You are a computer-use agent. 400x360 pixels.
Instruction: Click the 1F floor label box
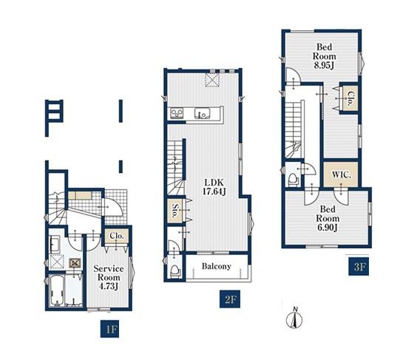click(x=110, y=329)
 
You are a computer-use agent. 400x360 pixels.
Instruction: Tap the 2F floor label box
click(x=230, y=299)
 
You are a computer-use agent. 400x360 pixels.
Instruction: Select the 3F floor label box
click(x=359, y=266)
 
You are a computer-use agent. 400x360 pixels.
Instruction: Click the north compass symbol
click(x=295, y=318)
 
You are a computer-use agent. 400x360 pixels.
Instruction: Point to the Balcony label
click(x=217, y=266)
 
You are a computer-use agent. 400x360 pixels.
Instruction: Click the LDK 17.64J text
click(x=214, y=187)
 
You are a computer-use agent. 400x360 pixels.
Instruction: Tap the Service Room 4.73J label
click(x=109, y=277)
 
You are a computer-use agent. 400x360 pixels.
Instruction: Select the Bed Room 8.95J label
click(x=325, y=56)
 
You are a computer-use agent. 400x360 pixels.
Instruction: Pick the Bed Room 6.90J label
click(x=328, y=219)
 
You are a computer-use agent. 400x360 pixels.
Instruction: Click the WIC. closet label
click(x=342, y=175)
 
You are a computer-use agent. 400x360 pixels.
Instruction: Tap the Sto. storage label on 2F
click(x=175, y=211)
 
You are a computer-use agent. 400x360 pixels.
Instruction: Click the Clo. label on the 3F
click(x=350, y=99)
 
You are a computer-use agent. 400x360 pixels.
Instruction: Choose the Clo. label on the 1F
click(x=117, y=236)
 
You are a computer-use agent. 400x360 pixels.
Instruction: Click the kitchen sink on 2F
click(x=203, y=113)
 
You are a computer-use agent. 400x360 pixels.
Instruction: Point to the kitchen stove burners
click(x=177, y=113)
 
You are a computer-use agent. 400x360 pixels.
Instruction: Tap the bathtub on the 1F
click(x=57, y=291)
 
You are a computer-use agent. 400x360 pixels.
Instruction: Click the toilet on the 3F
click(x=293, y=179)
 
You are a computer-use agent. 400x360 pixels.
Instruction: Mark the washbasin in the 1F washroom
click(x=55, y=245)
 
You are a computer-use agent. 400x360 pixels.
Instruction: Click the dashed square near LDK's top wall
click(x=212, y=80)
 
